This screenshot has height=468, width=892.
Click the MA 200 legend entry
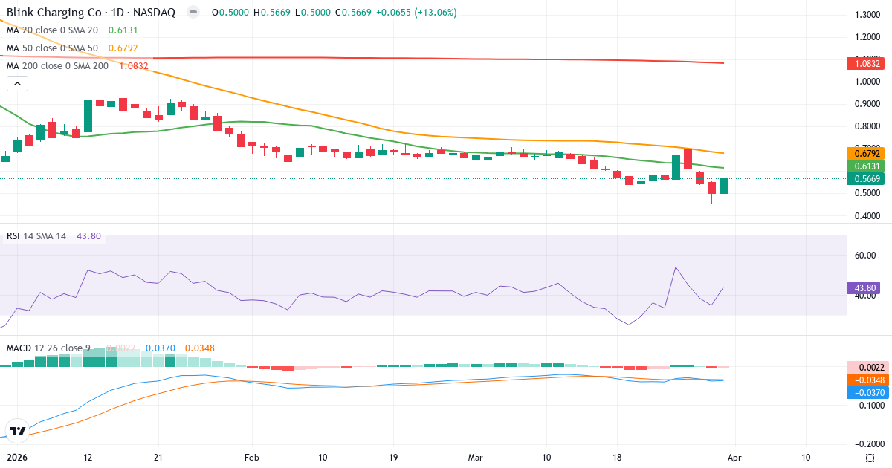point(58,65)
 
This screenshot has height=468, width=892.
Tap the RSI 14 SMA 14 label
point(36,236)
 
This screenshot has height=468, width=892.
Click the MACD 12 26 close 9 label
point(49,348)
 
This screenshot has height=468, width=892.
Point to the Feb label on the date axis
point(252,458)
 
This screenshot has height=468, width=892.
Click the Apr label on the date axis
point(734,458)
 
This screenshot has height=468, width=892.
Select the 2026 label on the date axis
point(16,458)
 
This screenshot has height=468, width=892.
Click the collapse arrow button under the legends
point(17,84)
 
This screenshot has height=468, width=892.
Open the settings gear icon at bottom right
point(870,458)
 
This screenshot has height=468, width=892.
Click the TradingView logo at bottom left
point(18,430)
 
